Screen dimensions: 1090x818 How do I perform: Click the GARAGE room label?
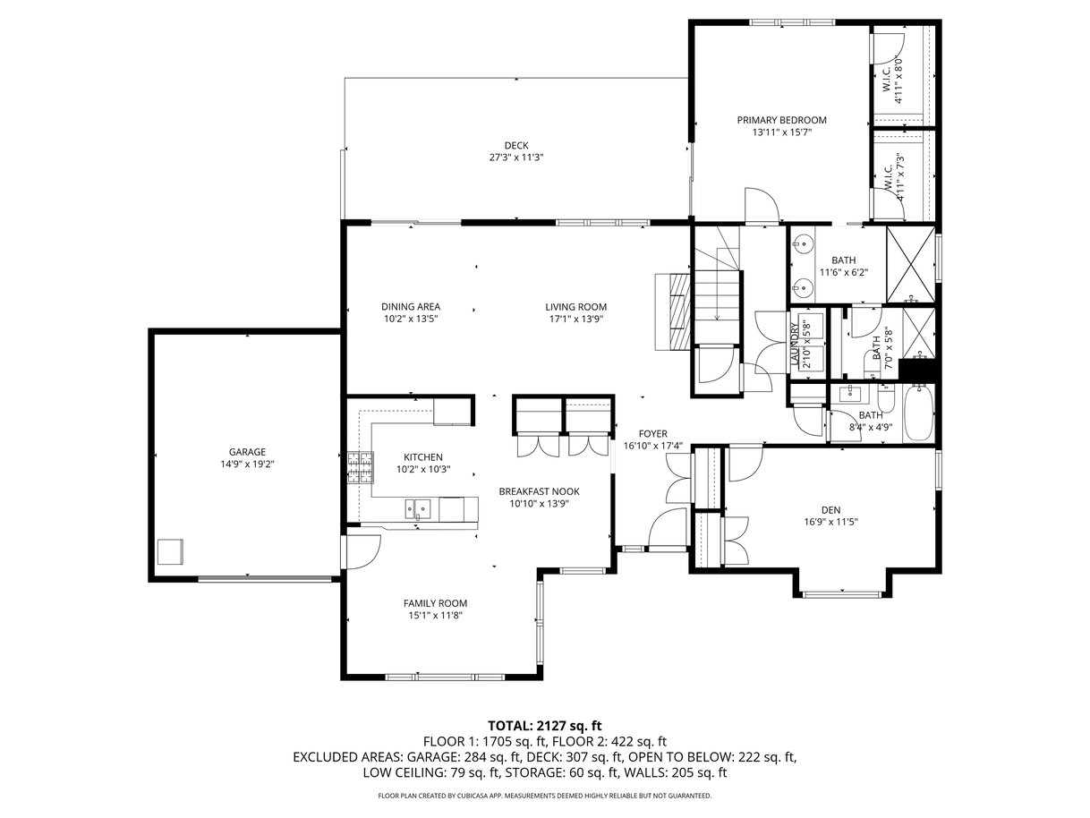click(x=247, y=452)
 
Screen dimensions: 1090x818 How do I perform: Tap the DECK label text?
click(x=516, y=146)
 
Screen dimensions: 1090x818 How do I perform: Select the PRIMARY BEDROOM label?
click(x=781, y=120)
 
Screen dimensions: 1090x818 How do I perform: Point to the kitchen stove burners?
click(x=360, y=467)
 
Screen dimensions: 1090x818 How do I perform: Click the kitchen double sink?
click(x=417, y=508)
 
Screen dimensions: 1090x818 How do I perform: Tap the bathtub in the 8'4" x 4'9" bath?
click(x=918, y=413)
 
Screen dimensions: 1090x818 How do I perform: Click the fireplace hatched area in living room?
click(x=679, y=311)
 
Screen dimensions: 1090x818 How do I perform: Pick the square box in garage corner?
click(x=170, y=551)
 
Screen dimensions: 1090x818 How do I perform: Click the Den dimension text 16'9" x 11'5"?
click(x=830, y=522)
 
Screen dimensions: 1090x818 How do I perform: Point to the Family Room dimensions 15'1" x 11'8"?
click(x=435, y=616)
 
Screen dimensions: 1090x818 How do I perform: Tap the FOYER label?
click(x=652, y=433)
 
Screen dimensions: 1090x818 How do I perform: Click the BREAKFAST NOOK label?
click(x=539, y=491)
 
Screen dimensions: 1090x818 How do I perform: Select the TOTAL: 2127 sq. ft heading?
click(x=545, y=726)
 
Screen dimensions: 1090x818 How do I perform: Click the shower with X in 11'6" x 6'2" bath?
click(x=910, y=264)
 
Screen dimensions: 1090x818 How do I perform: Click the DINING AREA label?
click(x=411, y=307)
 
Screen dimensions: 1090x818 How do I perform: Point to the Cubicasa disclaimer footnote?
click(x=545, y=796)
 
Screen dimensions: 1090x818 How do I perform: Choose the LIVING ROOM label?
click(x=575, y=307)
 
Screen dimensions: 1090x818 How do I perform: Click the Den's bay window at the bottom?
click(x=842, y=593)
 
